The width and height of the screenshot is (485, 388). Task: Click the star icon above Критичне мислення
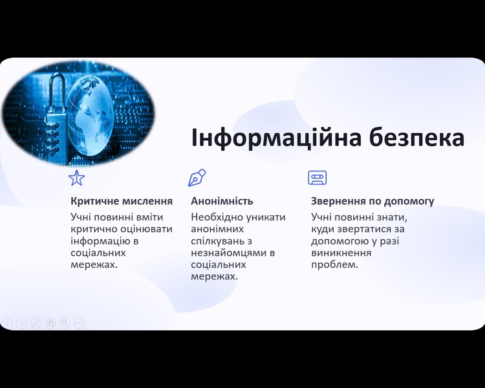(x=77, y=178)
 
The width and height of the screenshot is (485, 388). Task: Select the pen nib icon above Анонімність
(x=197, y=178)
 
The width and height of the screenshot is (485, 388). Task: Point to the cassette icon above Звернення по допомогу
(x=318, y=178)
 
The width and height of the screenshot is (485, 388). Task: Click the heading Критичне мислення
(x=122, y=201)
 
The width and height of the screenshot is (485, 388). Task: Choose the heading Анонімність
(x=222, y=201)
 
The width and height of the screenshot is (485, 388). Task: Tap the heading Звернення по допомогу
(x=372, y=201)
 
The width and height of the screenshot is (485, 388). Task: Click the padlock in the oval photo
(x=56, y=118)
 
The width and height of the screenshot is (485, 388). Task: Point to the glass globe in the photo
(x=91, y=115)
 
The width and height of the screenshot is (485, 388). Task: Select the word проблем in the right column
(x=334, y=265)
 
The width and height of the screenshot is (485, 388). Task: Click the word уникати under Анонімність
(x=265, y=217)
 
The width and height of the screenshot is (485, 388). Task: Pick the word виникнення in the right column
(x=341, y=253)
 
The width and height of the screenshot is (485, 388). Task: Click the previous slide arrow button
(x=7, y=323)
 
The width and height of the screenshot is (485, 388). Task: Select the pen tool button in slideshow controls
(x=36, y=323)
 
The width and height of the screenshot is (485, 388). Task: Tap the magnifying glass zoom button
(x=65, y=323)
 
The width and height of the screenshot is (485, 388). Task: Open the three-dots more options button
(x=79, y=323)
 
